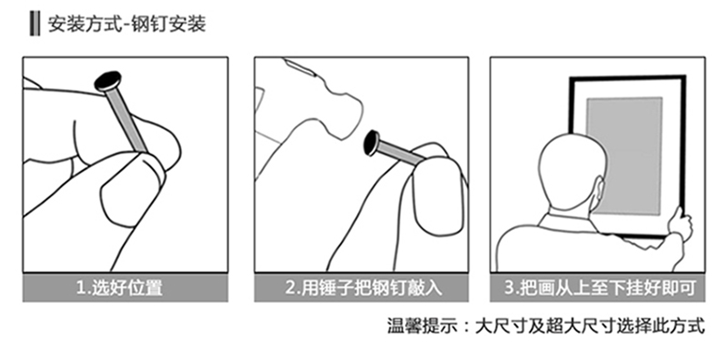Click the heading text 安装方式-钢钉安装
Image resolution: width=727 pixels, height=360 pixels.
coord(127,24)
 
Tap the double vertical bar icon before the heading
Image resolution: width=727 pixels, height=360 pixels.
coord(34,24)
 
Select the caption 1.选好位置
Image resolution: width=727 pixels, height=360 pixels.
coord(120,288)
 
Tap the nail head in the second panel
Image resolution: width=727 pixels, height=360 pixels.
coord(372,143)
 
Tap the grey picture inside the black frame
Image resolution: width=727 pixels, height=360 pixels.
coord(624,155)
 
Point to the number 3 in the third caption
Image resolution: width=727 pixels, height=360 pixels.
coord(509,288)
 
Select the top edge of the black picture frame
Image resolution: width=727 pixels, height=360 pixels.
coord(627,77)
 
